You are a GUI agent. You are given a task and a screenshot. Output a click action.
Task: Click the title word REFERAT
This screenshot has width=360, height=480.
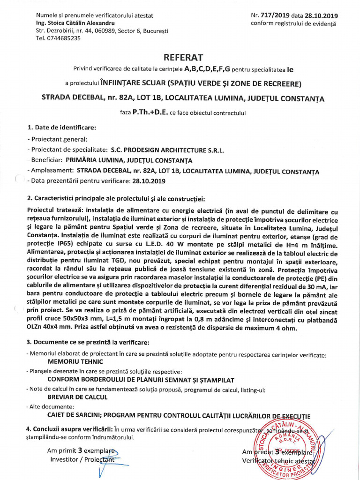click(x=183, y=58)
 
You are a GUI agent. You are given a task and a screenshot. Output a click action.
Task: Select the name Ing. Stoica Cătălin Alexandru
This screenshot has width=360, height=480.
click(x=75, y=23)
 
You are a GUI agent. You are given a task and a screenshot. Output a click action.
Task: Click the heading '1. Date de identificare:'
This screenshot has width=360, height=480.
click(x=61, y=127)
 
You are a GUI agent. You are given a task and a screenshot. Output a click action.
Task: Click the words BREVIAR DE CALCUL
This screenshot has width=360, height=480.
click(x=77, y=397)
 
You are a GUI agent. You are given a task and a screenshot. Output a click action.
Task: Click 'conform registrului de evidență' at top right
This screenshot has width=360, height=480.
click(x=293, y=23)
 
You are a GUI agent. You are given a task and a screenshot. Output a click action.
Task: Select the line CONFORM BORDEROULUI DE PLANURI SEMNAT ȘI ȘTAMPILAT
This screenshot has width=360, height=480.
click(x=141, y=379)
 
